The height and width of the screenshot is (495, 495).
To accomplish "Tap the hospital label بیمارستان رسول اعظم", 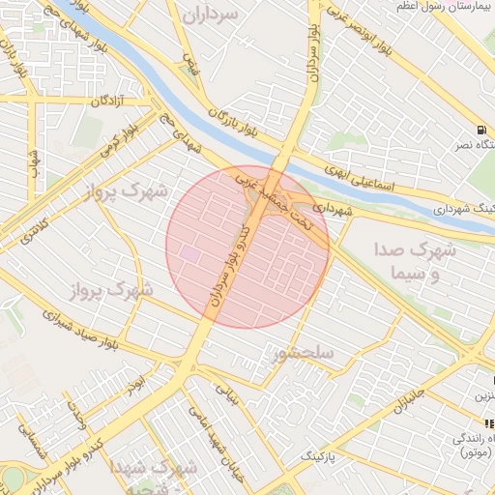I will tap(446, 7).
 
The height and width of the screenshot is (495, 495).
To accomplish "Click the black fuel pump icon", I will tap(480, 131).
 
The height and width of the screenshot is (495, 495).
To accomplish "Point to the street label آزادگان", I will tap(108, 102).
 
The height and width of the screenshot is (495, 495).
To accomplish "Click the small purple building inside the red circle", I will tap(190, 254).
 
